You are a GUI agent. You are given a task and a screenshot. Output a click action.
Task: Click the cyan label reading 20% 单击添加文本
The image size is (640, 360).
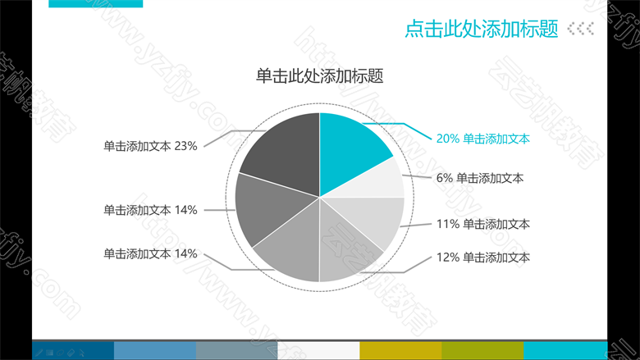pyautogui.click(x=482, y=139)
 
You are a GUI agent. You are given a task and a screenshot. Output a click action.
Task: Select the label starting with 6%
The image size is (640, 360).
pyautogui.click(x=480, y=178)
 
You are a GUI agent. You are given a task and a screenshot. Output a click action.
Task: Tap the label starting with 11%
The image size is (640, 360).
pyautogui.click(x=482, y=224)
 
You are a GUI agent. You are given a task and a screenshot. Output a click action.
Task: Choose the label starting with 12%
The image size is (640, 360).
pyautogui.click(x=482, y=257)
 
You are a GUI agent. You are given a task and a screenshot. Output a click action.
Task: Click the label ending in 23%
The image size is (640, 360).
pyautogui.click(x=150, y=146)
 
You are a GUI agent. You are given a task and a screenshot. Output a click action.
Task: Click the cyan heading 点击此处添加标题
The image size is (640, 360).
pyautogui.click(x=481, y=29)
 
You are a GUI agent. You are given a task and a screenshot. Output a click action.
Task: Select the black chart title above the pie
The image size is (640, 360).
pyautogui.click(x=320, y=76)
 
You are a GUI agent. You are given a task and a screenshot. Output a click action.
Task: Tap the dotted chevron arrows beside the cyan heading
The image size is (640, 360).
pyautogui.click(x=580, y=29)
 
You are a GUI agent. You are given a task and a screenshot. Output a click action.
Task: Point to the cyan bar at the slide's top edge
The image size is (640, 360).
pyautogui.click(x=95, y=3)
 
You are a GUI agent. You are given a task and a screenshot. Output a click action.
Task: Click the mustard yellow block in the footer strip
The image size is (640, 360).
pyautogui.click(x=400, y=351)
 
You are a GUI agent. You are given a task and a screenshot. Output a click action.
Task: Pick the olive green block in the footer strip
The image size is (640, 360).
pyautogui.click(x=482, y=351)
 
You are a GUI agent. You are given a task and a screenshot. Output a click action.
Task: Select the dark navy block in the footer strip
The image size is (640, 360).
pyautogui.click(x=73, y=351)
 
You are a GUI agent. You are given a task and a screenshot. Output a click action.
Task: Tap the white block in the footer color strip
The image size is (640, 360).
pyautogui.click(x=318, y=351)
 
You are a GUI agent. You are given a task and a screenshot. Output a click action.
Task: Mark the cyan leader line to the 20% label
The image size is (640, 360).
pyautogui.click(x=404, y=124)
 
